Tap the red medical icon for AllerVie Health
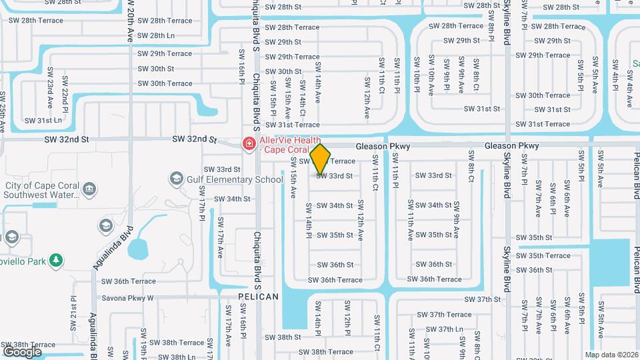[x=249, y=143]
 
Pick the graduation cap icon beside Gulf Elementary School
[x=176, y=178]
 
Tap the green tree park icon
[x=58, y=260]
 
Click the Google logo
[x=22, y=351]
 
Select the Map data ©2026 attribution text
[x=611, y=355]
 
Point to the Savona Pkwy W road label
[x=127, y=298]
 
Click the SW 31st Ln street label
[x=43, y=121]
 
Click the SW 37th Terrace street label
[x=450, y=315]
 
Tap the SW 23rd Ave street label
[x=49, y=95]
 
